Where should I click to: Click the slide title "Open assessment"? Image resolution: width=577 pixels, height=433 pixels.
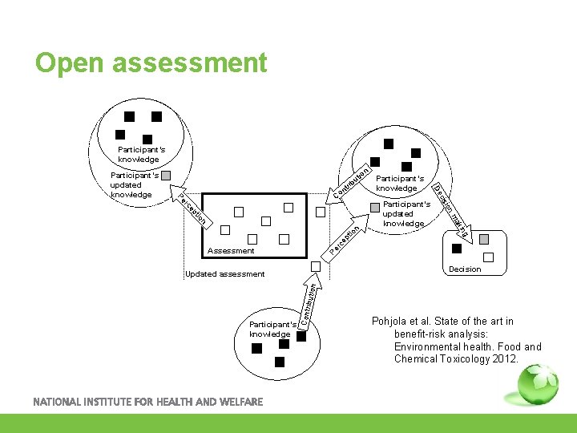pos(151,63)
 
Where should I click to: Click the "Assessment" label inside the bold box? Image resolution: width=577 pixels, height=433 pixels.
pos(231,251)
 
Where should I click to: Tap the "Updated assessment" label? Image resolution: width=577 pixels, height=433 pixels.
pos(224,274)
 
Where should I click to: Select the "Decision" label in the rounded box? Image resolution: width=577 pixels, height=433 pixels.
pos(465,269)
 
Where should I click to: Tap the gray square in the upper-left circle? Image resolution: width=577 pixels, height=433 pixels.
pos(166,176)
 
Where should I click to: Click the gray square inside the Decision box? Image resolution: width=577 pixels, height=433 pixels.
pos(483,240)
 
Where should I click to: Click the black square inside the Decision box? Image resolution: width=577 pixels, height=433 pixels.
pos(458,249)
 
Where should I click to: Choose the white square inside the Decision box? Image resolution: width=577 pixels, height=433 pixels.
pos(489,257)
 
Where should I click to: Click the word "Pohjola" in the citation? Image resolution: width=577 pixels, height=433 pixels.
pos(389,322)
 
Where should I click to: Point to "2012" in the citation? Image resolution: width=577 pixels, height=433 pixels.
pos(506,358)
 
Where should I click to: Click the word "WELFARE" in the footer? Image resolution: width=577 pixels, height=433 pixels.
pos(237,402)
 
